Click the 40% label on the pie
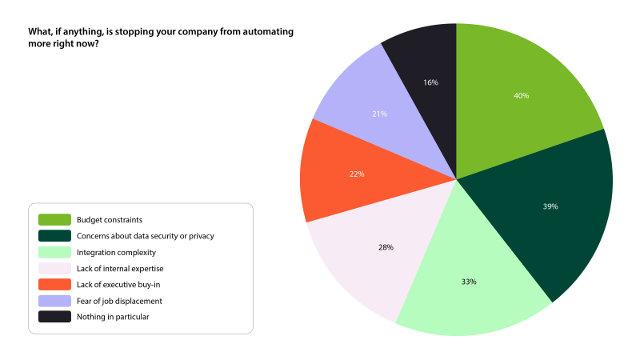click(522, 96)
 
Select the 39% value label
click(550, 206)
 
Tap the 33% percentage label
click(469, 282)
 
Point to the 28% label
click(386, 247)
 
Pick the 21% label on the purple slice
click(380, 114)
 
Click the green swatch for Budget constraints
click(54, 219)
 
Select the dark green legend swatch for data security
click(54, 235)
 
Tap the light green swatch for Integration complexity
click(54, 252)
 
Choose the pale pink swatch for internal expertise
click(54, 268)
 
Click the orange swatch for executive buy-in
click(54, 285)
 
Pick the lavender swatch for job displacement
click(54, 301)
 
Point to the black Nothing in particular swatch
click(54, 317)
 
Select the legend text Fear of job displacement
click(119, 301)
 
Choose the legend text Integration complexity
click(118, 252)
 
